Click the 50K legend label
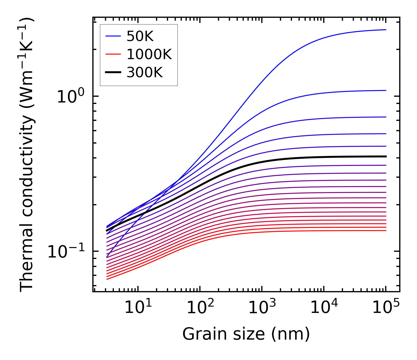(x=140, y=36)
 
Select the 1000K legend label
(x=149, y=54)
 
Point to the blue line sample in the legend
(x=113, y=36)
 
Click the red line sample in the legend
(x=113, y=54)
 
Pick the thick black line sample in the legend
(x=113, y=72)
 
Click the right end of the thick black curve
(x=386, y=156)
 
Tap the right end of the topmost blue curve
(x=386, y=30)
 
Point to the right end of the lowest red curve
(x=386, y=231)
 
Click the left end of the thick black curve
(x=107, y=231)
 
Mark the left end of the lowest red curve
(x=107, y=279)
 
